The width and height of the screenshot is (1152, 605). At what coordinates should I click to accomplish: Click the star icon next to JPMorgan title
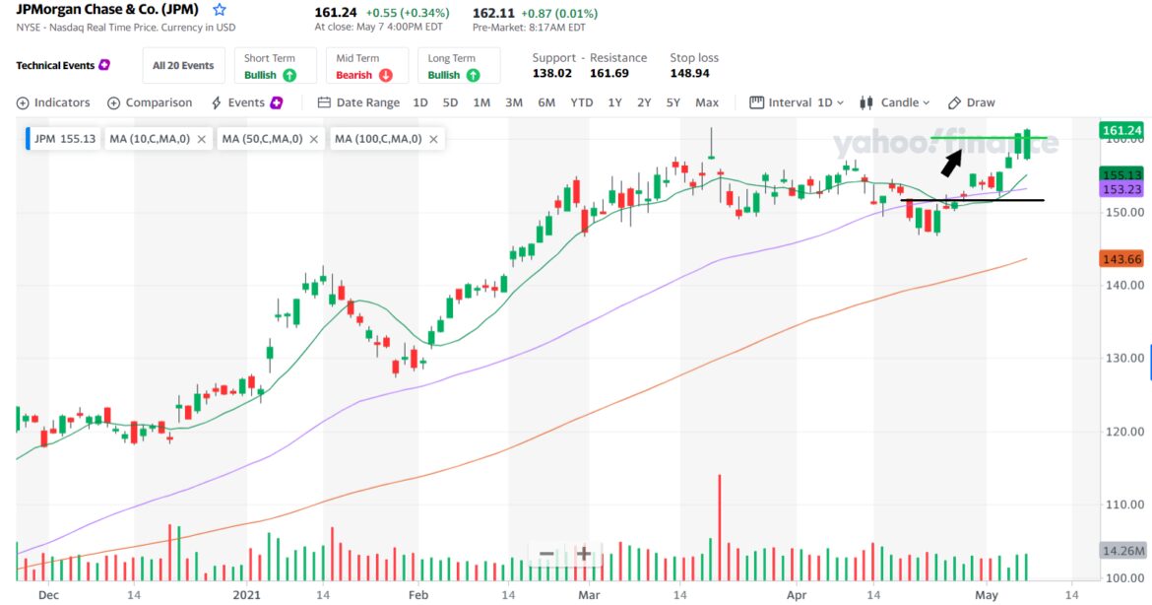click(x=220, y=10)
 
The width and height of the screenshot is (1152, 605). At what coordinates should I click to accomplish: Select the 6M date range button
click(x=546, y=102)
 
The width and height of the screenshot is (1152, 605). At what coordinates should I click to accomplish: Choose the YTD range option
click(x=582, y=102)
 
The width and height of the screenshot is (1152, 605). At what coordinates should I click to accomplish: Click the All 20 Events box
click(x=183, y=66)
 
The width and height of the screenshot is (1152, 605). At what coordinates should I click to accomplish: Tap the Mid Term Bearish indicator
click(x=363, y=66)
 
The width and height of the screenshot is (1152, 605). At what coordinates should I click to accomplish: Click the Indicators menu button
click(x=53, y=102)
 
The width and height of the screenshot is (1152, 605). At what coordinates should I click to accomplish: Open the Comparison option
click(x=150, y=102)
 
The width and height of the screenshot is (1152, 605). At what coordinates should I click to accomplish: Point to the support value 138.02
click(x=551, y=74)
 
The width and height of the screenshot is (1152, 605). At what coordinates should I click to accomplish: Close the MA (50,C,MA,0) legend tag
click(x=313, y=139)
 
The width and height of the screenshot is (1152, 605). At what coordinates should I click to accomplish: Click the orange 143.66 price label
click(x=1121, y=258)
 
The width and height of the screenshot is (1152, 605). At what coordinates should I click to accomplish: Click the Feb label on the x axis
click(x=418, y=595)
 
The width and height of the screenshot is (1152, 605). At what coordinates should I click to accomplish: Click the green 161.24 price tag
click(x=1121, y=130)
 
